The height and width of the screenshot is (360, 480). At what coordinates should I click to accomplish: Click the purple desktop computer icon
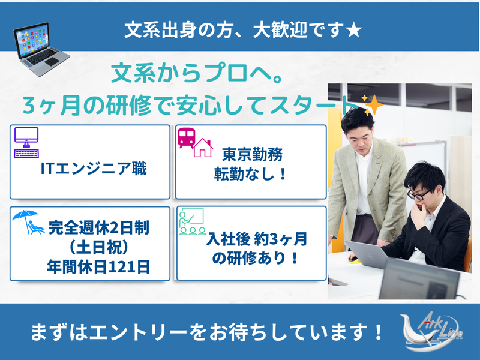pyautogui.click(x=26, y=142)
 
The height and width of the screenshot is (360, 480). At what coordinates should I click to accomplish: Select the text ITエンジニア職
pyautogui.click(x=93, y=169)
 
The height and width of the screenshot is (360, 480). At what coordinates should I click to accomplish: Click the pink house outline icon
pyautogui.click(x=202, y=148)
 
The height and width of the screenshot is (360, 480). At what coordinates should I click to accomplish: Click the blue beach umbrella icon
pyautogui.click(x=28, y=222)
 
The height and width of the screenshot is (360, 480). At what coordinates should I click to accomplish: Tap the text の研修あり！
pyautogui.click(x=252, y=260)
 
